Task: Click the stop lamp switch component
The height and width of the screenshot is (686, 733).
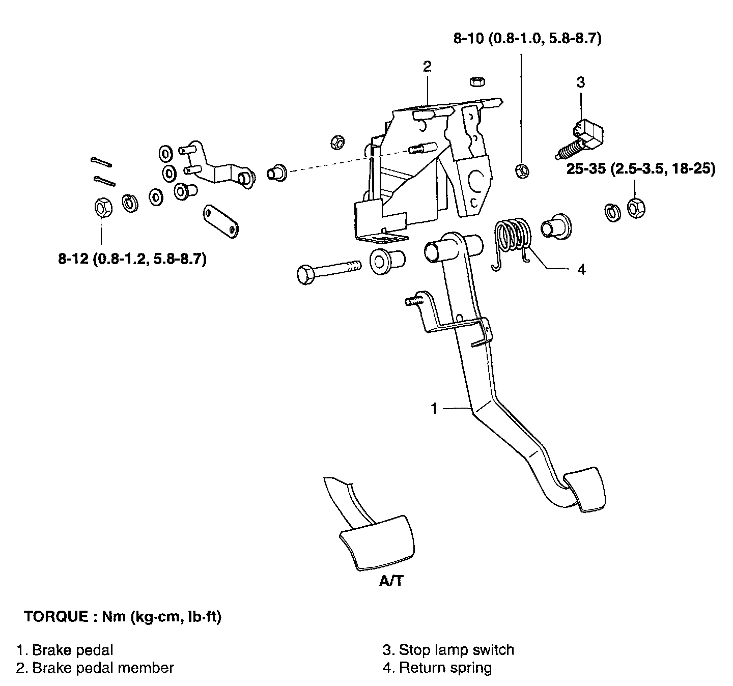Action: click(x=579, y=139)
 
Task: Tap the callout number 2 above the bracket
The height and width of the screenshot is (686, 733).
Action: click(x=427, y=67)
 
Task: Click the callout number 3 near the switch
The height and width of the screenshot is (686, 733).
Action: click(x=581, y=82)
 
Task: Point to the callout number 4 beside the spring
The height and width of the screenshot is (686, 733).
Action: click(x=581, y=270)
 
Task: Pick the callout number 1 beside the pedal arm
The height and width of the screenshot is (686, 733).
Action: click(x=434, y=408)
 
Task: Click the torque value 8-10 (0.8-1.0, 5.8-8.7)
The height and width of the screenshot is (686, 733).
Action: click(x=527, y=38)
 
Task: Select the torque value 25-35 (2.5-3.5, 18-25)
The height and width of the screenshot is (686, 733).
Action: click(x=641, y=168)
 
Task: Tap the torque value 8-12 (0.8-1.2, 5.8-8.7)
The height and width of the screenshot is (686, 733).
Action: click(x=132, y=259)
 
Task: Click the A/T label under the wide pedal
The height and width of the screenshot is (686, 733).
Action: click(x=391, y=581)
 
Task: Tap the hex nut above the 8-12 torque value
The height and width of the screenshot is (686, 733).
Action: click(x=103, y=208)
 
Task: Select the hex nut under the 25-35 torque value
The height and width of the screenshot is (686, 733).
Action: click(x=636, y=209)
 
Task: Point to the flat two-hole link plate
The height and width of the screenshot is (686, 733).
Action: click(x=221, y=221)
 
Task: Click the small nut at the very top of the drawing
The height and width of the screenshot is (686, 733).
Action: click(x=477, y=81)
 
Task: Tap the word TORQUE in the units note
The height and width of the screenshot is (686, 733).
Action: click(x=56, y=616)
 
